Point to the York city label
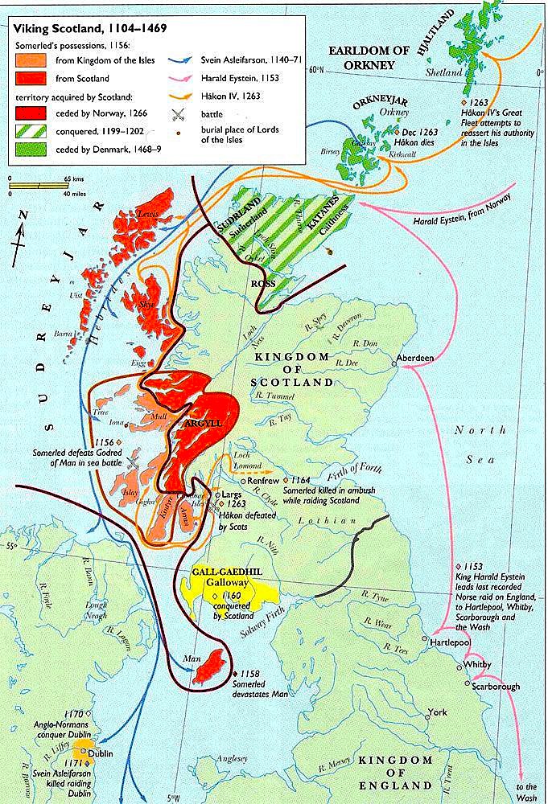tap(438, 712)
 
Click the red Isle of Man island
tap(212, 667)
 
